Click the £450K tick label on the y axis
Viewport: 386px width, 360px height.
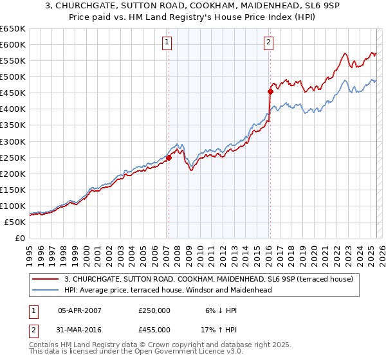pos(13,93)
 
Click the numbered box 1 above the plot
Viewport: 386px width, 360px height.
pos(167,43)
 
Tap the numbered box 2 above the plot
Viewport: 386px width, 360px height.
pos(268,43)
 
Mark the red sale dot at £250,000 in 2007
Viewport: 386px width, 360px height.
pos(169,157)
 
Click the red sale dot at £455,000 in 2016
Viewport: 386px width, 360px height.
pos(270,91)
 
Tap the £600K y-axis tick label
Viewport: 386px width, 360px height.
pos(13,44)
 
